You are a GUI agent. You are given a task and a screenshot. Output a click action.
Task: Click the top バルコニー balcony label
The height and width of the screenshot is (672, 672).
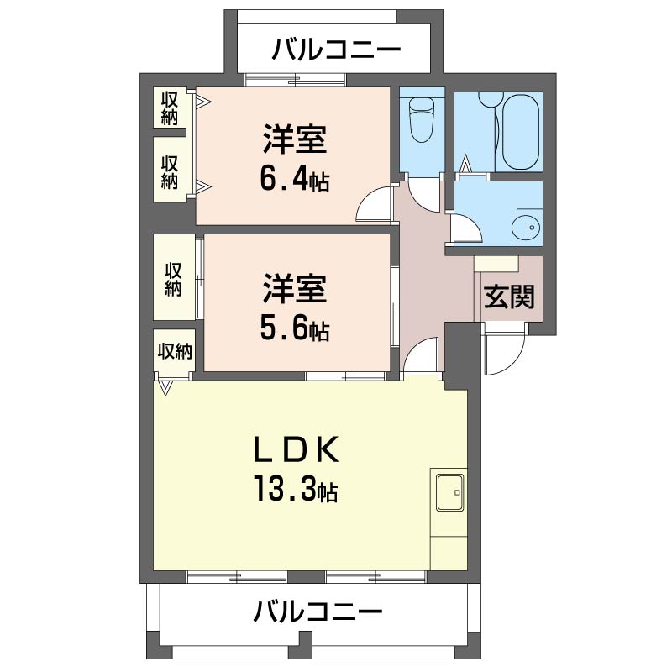(x=335, y=50)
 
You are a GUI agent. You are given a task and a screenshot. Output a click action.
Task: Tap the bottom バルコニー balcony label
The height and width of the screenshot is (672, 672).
(x=319, y=612)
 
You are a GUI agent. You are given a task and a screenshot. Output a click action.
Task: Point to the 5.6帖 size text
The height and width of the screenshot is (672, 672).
(x=293, y=328)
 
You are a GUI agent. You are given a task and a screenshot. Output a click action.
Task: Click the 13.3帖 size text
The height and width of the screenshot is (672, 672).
(x=293, y=489)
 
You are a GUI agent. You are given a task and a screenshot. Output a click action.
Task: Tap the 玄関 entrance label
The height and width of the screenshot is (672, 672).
(x=509, y=297)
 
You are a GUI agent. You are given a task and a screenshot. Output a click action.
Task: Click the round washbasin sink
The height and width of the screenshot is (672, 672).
(x=528, y=228)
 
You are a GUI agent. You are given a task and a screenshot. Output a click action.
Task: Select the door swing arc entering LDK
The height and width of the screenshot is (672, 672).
(x=420, y=356)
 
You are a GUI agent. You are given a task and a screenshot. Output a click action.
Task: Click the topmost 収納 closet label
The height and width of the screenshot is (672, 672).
(x=170, y=108)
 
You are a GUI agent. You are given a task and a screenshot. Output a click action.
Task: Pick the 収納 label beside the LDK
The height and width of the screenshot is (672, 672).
(x=174, y=351)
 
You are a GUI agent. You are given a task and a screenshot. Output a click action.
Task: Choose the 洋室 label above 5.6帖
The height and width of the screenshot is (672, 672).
(x=293, y=291)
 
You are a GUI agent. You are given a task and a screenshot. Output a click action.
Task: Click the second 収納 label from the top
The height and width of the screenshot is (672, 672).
(x=170, y=171)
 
